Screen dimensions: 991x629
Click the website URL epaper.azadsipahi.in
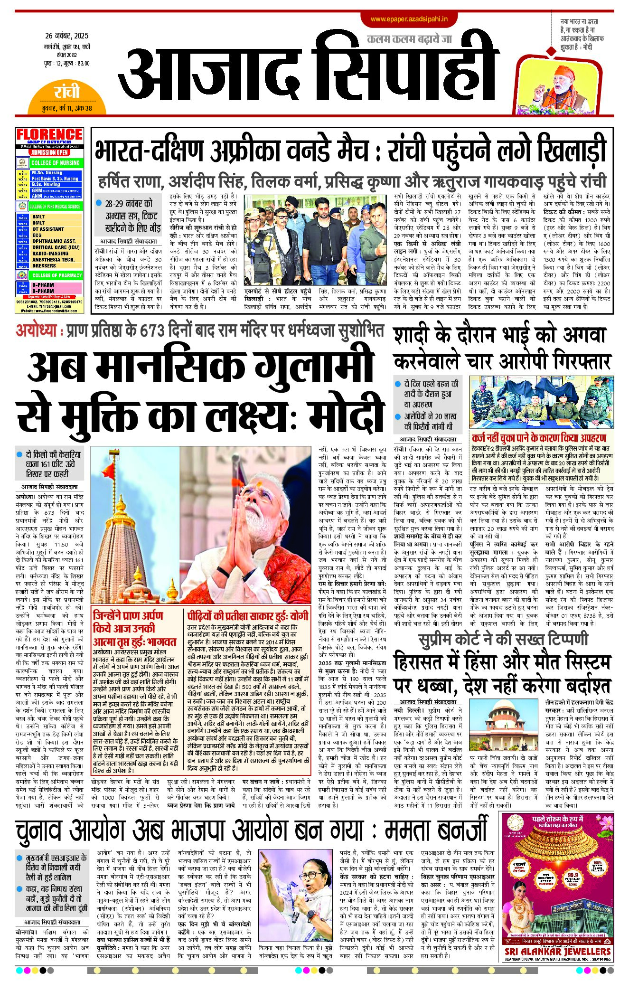(x=409, y=19)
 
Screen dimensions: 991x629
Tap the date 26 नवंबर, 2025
(x=67, y=36)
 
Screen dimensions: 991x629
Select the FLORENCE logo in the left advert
(x=49, y=134)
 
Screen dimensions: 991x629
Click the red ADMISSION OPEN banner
(x=50, y=152)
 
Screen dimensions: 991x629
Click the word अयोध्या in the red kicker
(x=36, y=330)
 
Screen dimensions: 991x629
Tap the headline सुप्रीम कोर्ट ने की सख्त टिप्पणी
(x=503, y=640)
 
